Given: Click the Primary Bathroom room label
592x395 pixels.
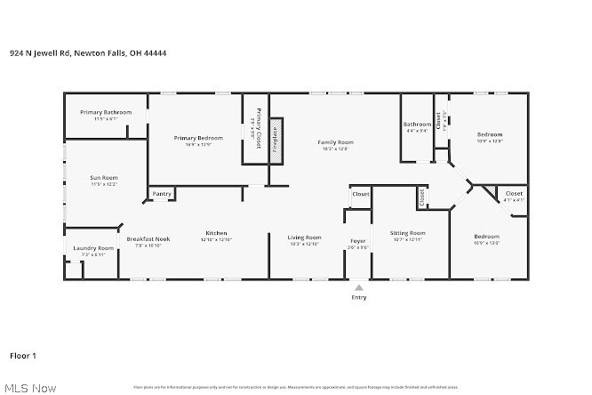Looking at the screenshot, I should coord(106,112).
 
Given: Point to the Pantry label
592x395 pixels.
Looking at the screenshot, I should coord(162,194).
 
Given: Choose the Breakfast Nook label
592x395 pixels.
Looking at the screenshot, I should coord(148,239).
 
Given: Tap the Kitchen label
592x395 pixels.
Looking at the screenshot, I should coord(217,233).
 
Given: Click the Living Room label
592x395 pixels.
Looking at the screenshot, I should coord(304,237).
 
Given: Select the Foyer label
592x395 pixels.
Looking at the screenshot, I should coord(357,241).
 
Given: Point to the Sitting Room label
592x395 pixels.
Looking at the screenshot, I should coord(408,233).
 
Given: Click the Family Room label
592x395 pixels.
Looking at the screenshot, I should coord(336,142).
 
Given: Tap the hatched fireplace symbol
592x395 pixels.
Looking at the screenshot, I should coord(276,140).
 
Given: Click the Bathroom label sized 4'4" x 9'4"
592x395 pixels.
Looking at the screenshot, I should coord(417,124).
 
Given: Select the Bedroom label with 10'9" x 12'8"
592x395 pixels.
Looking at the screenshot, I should coord(490,134).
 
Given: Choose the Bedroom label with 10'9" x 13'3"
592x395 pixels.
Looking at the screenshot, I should coord(489,238).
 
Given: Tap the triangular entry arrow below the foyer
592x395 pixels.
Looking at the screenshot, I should coord(358,288).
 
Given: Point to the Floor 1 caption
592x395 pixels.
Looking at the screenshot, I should coord(22,356).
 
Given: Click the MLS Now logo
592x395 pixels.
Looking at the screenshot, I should coord(30,388).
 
